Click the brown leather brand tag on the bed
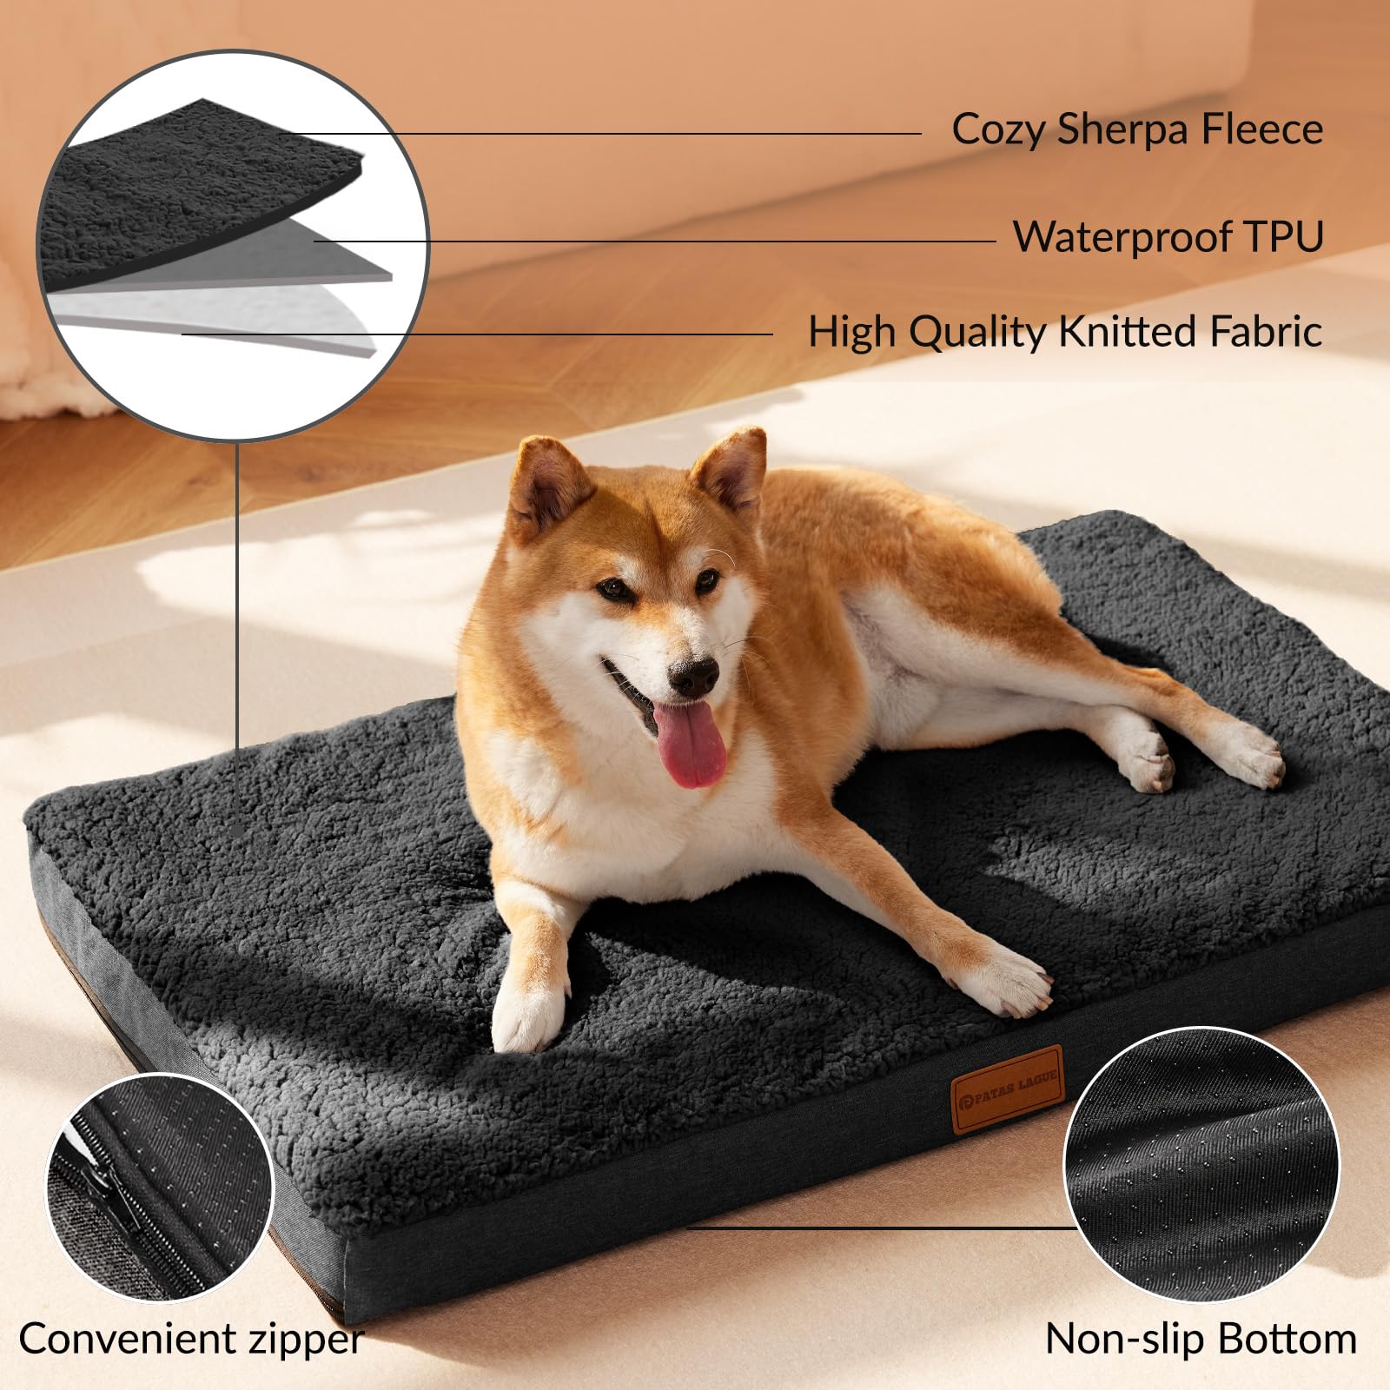[1008, 1089]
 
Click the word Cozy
[998, 131]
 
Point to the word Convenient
[126, 1339]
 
